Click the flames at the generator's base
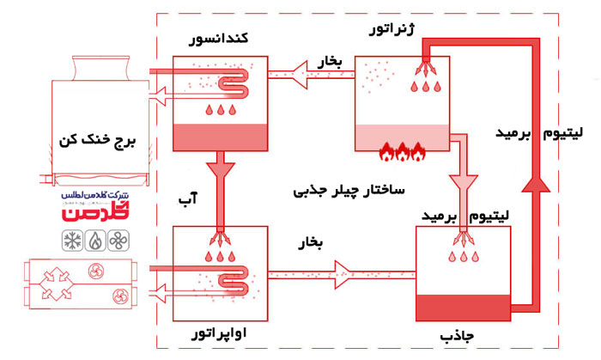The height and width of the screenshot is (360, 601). click(x=402, y=153)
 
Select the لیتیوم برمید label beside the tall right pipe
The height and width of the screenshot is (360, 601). click(x=542, y=133)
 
